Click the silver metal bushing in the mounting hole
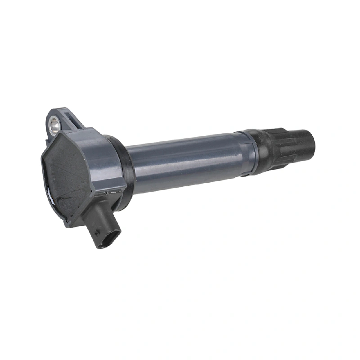pyautogui.click(x=54, y=125)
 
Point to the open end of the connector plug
pyautogui.click(x=111, y=238)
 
